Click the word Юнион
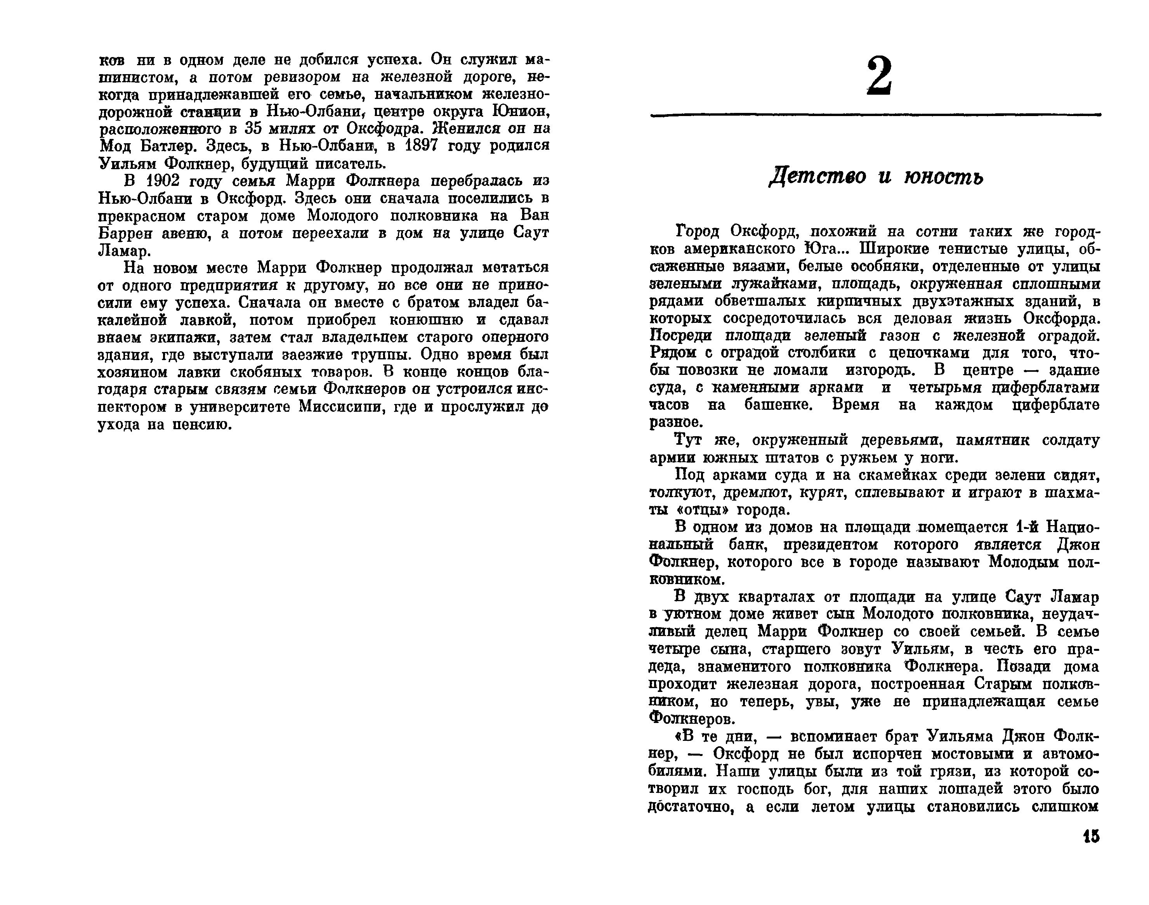coord(521,112)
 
